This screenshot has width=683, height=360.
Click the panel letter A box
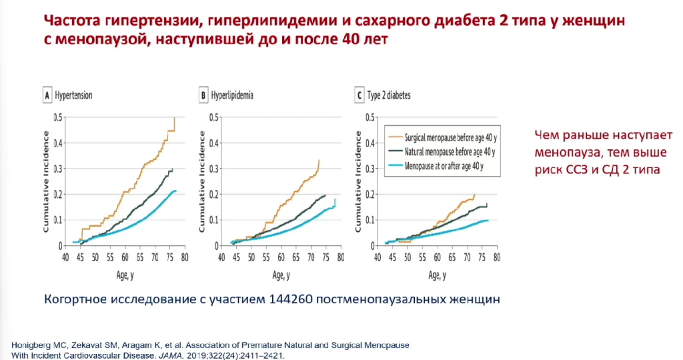(47, 95)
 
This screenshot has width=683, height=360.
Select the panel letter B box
(203, 95)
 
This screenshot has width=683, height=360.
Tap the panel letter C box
(360, 95)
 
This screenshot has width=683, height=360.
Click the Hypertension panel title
(73, 95)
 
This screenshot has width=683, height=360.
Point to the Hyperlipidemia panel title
(232, 95)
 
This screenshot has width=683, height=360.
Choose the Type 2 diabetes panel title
(390, 95)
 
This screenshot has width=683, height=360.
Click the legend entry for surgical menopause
(446, 137)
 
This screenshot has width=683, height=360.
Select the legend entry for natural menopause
(445, 151)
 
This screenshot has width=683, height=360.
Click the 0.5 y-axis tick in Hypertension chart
(58, 117)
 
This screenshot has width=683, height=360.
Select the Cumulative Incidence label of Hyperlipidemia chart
(203, 181)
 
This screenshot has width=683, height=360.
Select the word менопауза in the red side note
(566, 153)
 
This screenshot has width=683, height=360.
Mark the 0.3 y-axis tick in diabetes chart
(369, 169)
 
